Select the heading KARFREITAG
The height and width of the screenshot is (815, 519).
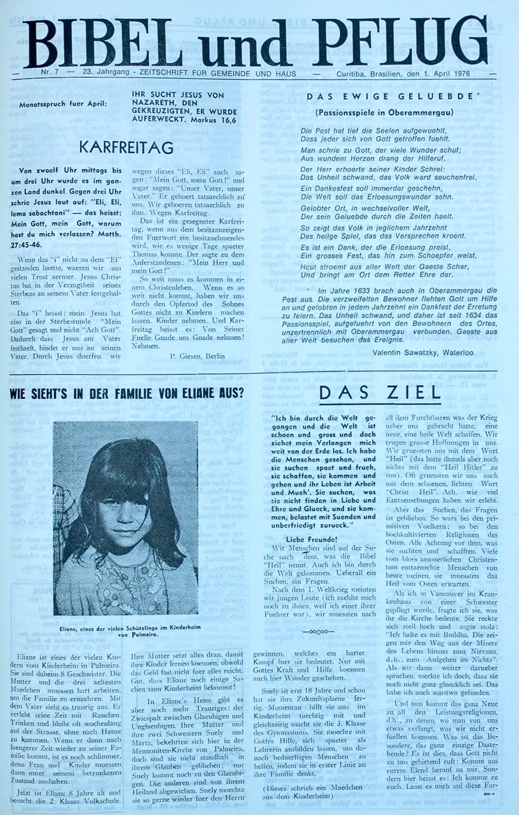tap(126, 147)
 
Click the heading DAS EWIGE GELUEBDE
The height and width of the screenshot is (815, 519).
tap(395, 97)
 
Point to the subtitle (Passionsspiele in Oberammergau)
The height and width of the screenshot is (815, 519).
tap(384, 113)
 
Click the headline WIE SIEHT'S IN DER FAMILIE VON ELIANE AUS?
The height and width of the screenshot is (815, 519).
tap(127, 393)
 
